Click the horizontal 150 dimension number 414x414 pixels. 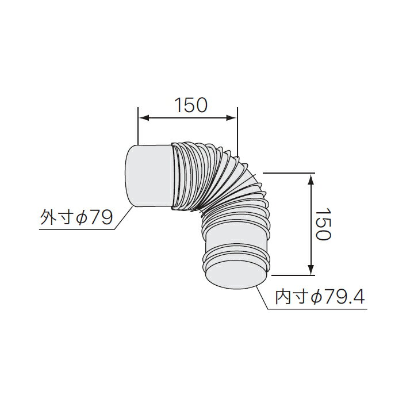click(191, 105)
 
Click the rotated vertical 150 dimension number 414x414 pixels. click(323, 224)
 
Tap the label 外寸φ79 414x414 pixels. click(76, 218)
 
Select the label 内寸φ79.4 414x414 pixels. click(320, 297)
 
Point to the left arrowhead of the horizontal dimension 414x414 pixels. click(144, 118)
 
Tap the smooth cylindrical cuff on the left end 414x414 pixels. click(148, 175)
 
